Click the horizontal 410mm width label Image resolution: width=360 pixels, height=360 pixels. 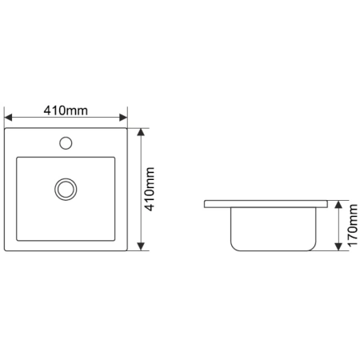(66, 110)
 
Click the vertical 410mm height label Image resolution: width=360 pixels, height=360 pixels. (150, 189)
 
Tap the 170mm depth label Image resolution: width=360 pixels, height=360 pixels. (352, 226)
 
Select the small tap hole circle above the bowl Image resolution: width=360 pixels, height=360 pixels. (66, 143)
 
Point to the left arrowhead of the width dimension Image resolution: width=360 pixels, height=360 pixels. (8, 118)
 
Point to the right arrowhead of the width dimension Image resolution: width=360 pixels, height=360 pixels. (123, 118)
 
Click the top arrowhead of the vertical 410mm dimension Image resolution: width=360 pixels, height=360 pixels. (141, 132)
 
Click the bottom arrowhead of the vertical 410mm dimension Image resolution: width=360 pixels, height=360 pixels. (141, 246)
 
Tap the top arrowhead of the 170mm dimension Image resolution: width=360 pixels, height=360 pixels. (338, 204)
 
